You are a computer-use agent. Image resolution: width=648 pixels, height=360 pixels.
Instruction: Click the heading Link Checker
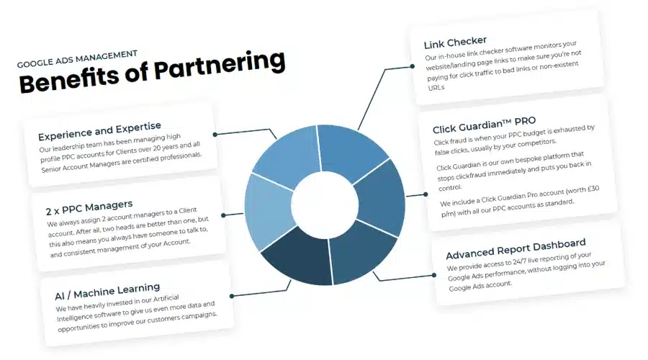coord(455,42)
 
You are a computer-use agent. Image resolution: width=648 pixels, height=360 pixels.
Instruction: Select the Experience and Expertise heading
coord(99,131)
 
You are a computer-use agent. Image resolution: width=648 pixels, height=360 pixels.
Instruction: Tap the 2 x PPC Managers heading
coord(89,207)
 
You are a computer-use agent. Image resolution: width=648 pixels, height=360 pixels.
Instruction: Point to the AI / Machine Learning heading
coord(107,291)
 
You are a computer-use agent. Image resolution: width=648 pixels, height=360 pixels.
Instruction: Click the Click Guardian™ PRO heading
coord(485,125)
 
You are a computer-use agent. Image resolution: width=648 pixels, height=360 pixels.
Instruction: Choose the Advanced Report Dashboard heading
coord(516,248)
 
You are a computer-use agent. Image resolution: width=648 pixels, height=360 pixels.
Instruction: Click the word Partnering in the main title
coord(220,66)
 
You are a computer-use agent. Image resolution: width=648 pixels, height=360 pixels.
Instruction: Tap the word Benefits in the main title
coord(69,80)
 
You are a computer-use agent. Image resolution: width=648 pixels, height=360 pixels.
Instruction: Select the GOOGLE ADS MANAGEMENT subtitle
coord(77,59)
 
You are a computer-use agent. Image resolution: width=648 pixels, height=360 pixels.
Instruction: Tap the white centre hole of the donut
coord(325,205)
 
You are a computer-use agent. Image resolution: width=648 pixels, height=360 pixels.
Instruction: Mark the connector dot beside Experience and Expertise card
coord(215,135)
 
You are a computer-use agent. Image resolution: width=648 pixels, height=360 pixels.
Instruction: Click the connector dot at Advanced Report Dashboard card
coord(434,275)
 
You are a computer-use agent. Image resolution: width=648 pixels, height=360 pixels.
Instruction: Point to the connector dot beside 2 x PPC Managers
coord(223,215)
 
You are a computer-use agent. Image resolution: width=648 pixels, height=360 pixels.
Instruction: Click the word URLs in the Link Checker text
coord(436,88)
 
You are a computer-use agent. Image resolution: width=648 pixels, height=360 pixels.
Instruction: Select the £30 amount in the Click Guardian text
coord(593,189)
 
